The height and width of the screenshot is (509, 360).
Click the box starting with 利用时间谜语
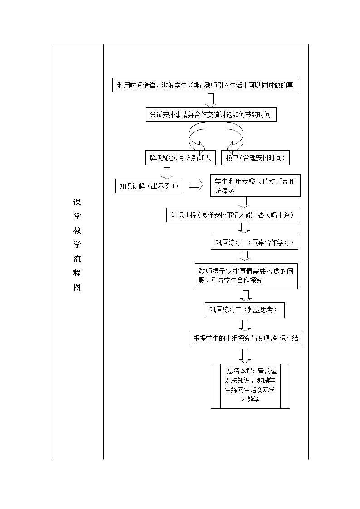pos(205,85)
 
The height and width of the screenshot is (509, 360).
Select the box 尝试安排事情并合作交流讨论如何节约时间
pos(210,115)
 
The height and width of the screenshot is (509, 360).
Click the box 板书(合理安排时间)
pos(255,158)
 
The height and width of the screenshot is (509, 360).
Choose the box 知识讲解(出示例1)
pos(149,186)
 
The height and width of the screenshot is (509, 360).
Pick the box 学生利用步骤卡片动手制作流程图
pos(255,186)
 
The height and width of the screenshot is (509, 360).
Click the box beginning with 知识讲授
pos(232,215)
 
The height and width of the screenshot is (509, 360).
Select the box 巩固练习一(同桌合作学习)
pos(254,242)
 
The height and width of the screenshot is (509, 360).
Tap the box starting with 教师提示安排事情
pos(246,276)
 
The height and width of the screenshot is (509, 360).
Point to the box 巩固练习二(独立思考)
pos(245,310)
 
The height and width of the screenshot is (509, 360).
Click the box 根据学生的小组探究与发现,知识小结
pos(246,338)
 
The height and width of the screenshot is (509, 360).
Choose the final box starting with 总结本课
pos(250,386)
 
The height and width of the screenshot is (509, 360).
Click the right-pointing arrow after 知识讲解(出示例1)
pos(196,185)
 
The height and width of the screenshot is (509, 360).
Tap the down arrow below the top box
pos(210,100)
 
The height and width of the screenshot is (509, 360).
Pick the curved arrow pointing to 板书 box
pos(236,137)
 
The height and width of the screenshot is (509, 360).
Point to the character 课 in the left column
pos(77,203)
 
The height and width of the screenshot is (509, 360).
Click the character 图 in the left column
pos(77,287)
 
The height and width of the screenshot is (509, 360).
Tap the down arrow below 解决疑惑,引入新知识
pos(167,173)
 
